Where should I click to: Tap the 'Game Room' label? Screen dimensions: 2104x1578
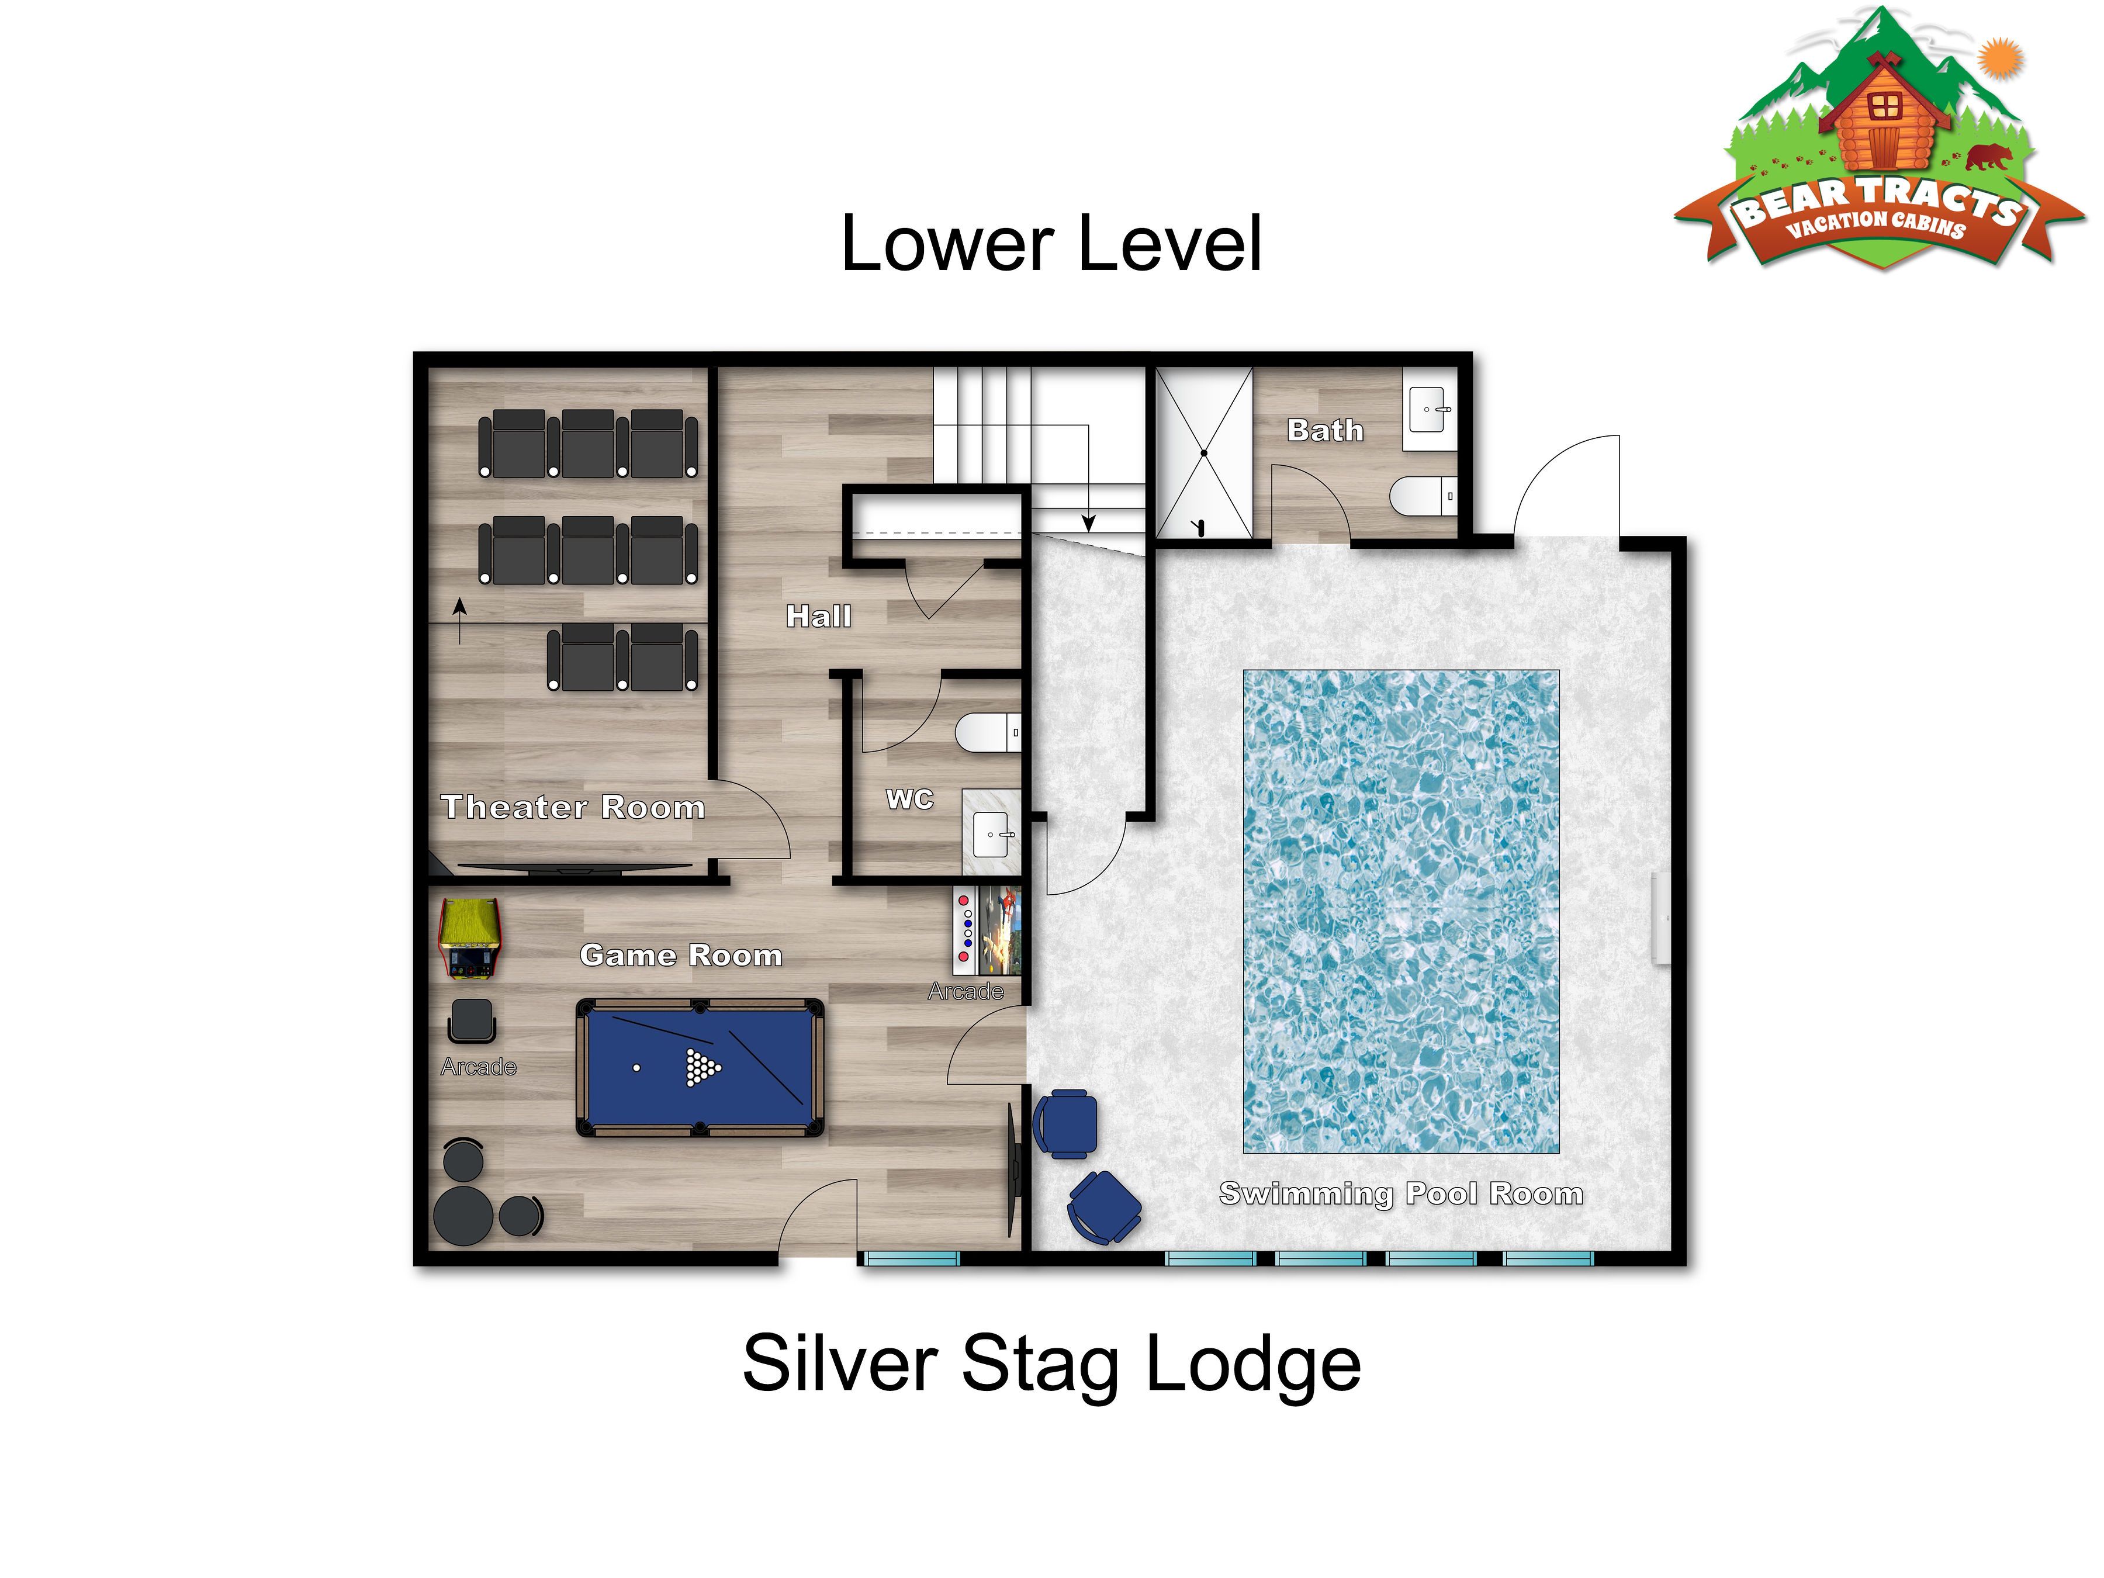[x=681, y=955]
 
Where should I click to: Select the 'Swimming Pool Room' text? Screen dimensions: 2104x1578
[x=1401, y=1193]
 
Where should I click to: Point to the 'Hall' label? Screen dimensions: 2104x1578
[x=818, y=617]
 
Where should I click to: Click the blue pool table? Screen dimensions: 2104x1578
[x=700, y=1067]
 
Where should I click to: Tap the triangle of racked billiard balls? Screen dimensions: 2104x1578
[x=702, y=1067]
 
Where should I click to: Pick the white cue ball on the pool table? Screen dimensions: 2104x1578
[x=637, y=1067]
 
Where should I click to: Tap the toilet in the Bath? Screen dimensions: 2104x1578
[x=1423, y=496]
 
